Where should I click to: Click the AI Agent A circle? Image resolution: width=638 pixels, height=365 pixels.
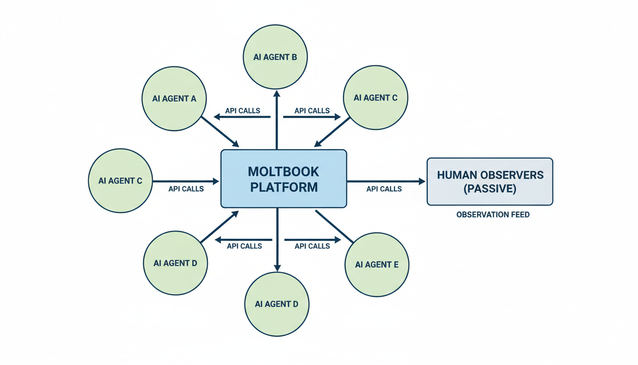click(x=174, y=98)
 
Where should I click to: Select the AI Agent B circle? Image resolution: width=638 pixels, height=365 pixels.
click(x=275, y=57)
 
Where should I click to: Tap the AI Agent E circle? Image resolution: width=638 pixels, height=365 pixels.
click(x=376, y=264)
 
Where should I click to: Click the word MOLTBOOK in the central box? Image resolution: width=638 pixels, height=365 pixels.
click(x=284, y=171)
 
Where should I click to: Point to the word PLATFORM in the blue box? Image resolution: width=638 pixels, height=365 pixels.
click(x=284, y=187)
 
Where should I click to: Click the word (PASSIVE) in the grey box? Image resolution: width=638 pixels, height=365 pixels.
click(x=490, y=188)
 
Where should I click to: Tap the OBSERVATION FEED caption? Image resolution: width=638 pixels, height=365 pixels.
click(x=493, y=215)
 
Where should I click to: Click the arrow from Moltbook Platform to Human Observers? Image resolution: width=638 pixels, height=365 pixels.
click(x=385, y=181)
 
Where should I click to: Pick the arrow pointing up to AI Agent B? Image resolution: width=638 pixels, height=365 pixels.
click(x=277, y=119)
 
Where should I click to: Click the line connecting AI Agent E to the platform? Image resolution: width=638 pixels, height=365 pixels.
click(x=335, y=227)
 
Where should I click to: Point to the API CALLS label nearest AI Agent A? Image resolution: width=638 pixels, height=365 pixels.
click(x=243, y=111)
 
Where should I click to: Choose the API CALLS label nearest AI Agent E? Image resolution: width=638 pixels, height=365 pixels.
click(x=312, y=246)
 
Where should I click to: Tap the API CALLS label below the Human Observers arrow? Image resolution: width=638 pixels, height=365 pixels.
click(x=384, y=189)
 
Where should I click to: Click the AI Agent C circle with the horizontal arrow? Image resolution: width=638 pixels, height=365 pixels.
click(x=121, y=181)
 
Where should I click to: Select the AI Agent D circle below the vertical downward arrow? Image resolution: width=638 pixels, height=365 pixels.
click(x=277, y=304)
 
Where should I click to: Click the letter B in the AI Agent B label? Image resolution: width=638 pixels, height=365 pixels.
click(x=294, y=57)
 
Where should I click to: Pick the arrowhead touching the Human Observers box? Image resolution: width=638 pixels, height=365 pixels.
click(x=422, y=181)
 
